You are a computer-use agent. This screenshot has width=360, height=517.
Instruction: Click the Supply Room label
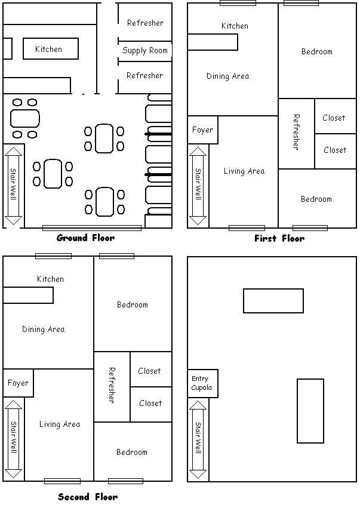144,51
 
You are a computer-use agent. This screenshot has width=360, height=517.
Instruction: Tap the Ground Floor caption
86,238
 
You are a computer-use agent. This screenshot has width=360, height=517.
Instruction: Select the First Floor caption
279,238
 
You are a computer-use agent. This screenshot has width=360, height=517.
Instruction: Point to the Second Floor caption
88,497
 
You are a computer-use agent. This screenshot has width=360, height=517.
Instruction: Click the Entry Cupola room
203,383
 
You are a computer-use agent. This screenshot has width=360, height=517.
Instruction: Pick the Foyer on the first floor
203,130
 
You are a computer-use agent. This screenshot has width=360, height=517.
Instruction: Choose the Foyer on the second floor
18,383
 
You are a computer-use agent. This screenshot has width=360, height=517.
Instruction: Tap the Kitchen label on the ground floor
48,49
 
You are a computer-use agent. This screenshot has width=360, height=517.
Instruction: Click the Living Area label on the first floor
244,171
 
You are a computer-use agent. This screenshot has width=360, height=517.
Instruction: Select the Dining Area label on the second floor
43,329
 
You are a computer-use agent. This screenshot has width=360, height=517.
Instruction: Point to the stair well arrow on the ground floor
14,186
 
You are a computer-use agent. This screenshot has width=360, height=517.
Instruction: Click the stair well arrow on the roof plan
198,439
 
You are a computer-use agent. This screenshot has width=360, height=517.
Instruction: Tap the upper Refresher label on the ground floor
145,23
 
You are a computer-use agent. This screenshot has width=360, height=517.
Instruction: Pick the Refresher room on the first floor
296,134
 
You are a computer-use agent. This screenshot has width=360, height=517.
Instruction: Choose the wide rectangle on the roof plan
273,301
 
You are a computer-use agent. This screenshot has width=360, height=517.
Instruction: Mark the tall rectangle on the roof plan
310,411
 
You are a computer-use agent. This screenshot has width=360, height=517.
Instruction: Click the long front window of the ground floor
92,228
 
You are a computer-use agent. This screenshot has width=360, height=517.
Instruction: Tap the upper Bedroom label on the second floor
133,304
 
